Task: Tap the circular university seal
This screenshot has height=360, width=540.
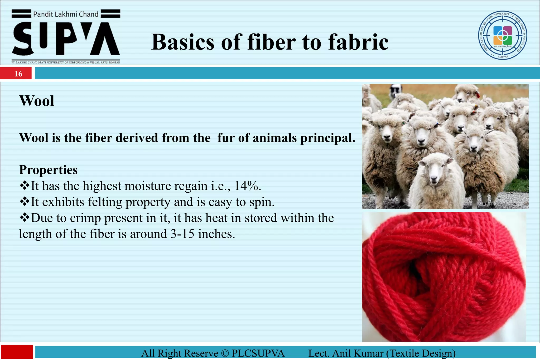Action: [503, 35]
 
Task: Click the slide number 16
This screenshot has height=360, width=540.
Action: [18, 74]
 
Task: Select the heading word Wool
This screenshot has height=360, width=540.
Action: [37, 101]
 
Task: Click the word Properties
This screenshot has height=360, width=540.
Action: [48, 170]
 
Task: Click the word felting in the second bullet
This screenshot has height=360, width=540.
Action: [105, 202]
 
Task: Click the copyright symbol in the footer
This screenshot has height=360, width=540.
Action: [225, 353]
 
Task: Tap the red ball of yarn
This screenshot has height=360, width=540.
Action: [443, 277]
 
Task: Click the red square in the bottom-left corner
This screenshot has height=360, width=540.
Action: [17, 352]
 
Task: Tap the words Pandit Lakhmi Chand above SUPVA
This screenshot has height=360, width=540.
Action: [66, 14]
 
